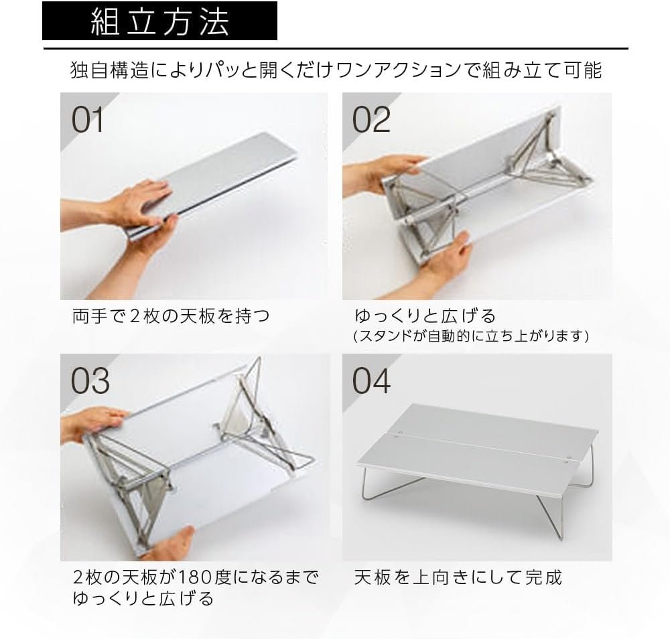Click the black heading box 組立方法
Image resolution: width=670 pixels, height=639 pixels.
click(160, 21)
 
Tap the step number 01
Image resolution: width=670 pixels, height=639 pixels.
click(87, 120)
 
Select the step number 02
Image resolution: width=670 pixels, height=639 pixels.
click(371, 120)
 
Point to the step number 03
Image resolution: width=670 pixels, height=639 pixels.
click(90, 380)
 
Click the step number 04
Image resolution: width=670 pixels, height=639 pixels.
click(371, 380)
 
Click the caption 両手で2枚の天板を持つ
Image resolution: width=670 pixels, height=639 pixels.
click(171, 316)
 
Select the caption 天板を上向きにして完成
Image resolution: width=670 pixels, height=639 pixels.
click(458, 577)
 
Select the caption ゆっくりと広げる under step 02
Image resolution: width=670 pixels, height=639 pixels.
click(425, 316)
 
